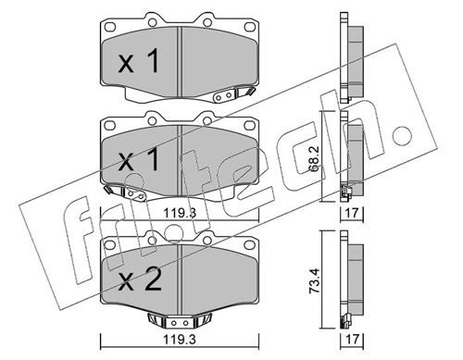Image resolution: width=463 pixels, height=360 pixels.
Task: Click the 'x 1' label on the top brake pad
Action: pos(139,62)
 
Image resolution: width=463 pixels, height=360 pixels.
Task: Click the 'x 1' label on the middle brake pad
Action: pos(139,160)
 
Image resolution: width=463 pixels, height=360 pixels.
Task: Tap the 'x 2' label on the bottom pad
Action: pos(140,279)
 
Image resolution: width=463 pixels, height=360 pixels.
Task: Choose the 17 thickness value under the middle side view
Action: pos(352,213)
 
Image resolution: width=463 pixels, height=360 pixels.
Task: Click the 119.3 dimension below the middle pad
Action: pos(180,213)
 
